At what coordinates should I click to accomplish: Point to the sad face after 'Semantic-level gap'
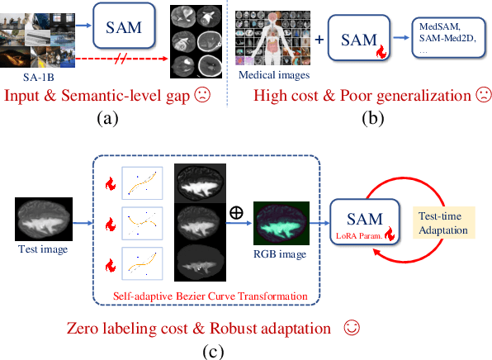tap(201, 97)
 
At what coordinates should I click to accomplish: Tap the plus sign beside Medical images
tap(320, 40)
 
